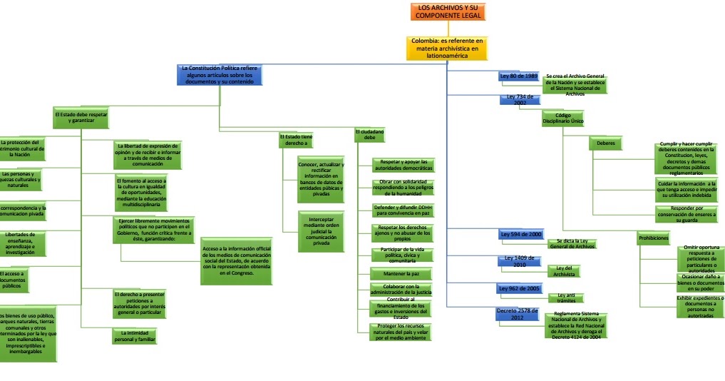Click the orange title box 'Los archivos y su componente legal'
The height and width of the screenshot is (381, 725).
click(448, 11)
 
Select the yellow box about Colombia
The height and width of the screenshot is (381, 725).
click(447, 48)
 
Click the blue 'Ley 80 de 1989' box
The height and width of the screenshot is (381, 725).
click(518, 76)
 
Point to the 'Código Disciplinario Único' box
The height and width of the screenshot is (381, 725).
click(563, 118)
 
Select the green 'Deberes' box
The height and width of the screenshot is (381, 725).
click(605, 143)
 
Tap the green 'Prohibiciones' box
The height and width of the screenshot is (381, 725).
click(654, 238)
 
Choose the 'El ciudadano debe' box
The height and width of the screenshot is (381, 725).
click(369, 135)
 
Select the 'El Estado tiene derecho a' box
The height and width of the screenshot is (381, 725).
click(295, 140)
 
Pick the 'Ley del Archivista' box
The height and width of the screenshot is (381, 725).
click(565, 270)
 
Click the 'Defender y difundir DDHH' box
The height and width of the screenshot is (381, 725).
click(403, 210)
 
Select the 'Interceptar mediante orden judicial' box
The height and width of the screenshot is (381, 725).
click(321, 231)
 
